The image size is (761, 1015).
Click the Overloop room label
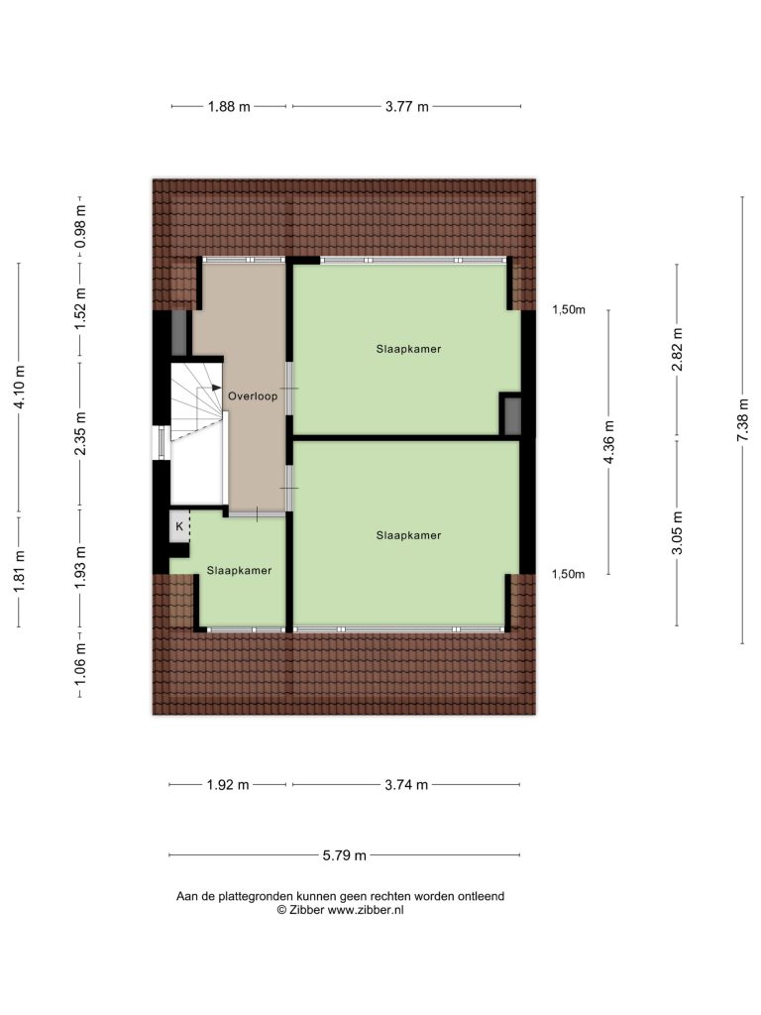(x=253, y=396)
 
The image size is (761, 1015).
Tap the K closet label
(x=179, y=527)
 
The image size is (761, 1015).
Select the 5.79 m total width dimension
(x=344, y=855)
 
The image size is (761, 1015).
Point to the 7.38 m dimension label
(x=743, y=420)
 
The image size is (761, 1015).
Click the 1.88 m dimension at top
(x=229, y=107)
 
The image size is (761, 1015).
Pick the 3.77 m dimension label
(x=407, y=107)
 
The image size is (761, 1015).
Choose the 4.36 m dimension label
(x=608, y=442)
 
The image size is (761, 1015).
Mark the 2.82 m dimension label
(x=678, y=350)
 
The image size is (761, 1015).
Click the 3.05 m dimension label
(x=678, y=533)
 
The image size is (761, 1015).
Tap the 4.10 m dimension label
(x=20, y=388)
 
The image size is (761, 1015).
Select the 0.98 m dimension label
(x=80, y=227)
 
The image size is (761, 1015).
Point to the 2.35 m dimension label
(x=80, y=433)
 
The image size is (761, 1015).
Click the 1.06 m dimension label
(x=80, y=665)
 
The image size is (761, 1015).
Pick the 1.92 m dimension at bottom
(x=228, y=785)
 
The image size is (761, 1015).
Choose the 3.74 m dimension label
(x=406, y=785)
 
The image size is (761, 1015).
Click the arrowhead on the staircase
(x=217, y=388)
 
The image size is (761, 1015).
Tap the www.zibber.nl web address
(x=366, y=910)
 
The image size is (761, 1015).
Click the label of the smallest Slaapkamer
(x=239, y=570)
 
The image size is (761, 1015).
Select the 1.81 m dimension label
(x=20, y=570)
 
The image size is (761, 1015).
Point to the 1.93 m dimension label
(x=80, y=568)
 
